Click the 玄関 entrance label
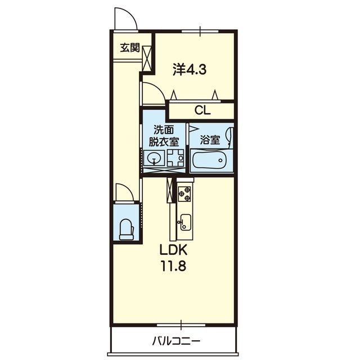click(130, 48)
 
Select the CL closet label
click(202, 111)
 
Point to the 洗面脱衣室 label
click(164, 136)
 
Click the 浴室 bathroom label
click(210, 140)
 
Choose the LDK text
click(174, 250)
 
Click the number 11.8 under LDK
click(174, 266)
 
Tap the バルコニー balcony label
click(176, 341)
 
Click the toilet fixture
click(127, 229)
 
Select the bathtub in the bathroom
click(210, 160)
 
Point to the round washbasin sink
click(154, 158)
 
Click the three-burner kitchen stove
click(184, 193)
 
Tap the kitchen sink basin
click(186, 222)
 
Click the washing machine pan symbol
click(175, 157)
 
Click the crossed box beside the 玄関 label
click(147, 58)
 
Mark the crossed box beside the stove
click(170, 190)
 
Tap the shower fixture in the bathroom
click(230, 136)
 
